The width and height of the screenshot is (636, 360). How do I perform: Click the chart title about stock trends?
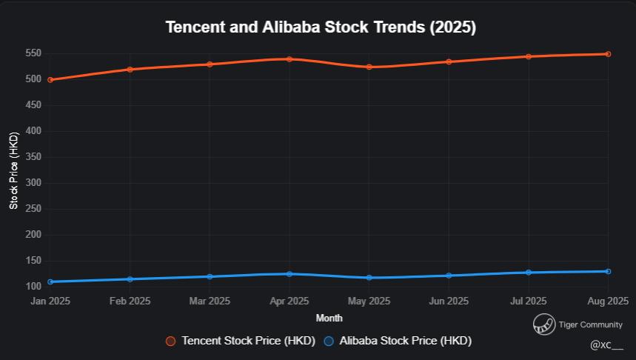click(321, 27)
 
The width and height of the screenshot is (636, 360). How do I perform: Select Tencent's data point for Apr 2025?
click(289, 59)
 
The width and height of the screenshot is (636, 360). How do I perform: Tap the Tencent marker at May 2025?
click(369, 67)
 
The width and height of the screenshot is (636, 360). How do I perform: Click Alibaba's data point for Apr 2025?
click(289, 274)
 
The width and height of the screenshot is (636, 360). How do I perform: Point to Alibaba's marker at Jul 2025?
click(529, 273)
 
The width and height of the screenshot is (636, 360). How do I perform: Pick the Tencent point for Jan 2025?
click(50, 80)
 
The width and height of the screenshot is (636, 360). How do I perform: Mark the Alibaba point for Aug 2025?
click(608, 271)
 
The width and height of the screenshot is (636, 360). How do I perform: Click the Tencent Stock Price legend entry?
click(241, 341)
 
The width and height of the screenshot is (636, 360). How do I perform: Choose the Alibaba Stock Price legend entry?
click(398, 341)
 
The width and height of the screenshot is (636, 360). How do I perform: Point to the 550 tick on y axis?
click(33, 53)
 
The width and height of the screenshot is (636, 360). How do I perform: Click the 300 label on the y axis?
click(33, 183)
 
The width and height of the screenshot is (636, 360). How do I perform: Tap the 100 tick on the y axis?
click(33, 287)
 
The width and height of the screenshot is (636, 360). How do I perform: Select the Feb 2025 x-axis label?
click(130, 301)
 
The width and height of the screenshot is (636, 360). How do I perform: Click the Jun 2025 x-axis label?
click(449, 301)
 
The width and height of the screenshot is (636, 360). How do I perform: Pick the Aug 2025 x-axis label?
click(607, 301)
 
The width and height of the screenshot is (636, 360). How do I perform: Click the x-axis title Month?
click(329, 318)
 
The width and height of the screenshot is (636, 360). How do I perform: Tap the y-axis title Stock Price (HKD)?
click(13, 170)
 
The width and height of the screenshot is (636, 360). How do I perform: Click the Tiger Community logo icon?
click(544, 324)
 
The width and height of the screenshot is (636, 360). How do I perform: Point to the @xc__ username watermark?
click(606, 345)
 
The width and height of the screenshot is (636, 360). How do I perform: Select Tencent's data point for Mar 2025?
click(210, 64)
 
